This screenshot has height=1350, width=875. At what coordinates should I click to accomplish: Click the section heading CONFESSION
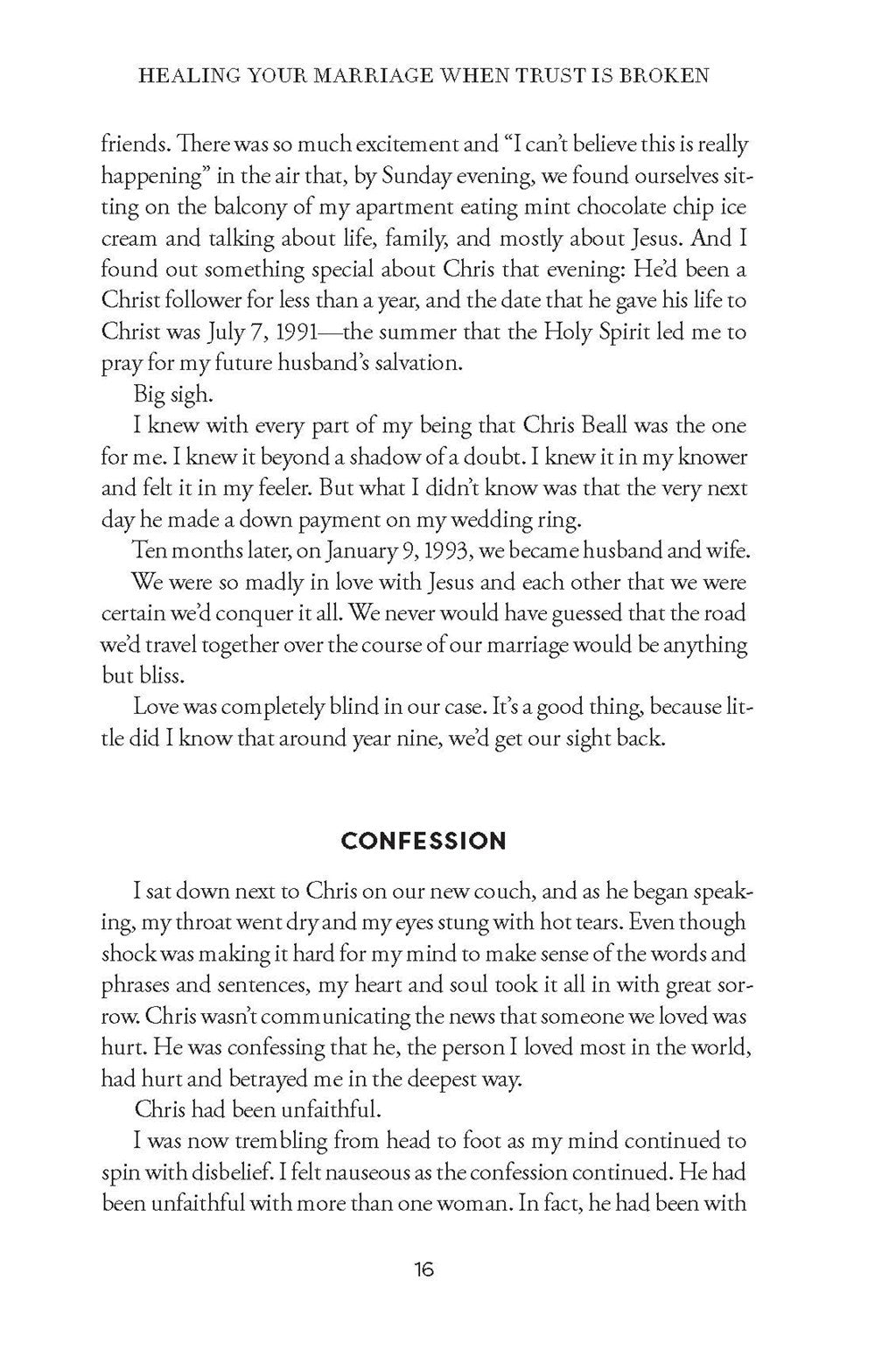click(423, 842)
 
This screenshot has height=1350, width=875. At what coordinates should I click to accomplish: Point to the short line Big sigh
click(173, 395)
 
